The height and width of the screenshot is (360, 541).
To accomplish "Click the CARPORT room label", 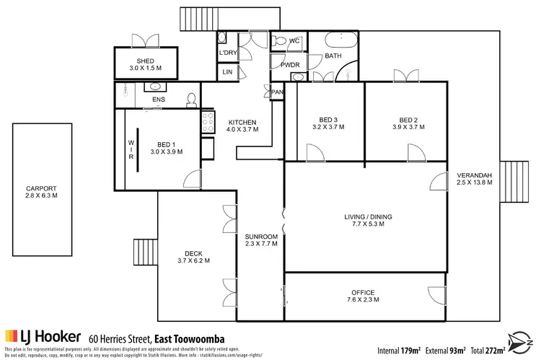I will [x=41, y=190].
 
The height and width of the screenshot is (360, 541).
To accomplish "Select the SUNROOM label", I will [x=260, y=236].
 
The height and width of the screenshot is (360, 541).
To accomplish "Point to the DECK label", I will [x=193, y=253].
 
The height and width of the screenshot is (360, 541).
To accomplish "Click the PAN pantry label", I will [x=278, y=92].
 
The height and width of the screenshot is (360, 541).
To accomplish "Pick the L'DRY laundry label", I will [x=227, y=53].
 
